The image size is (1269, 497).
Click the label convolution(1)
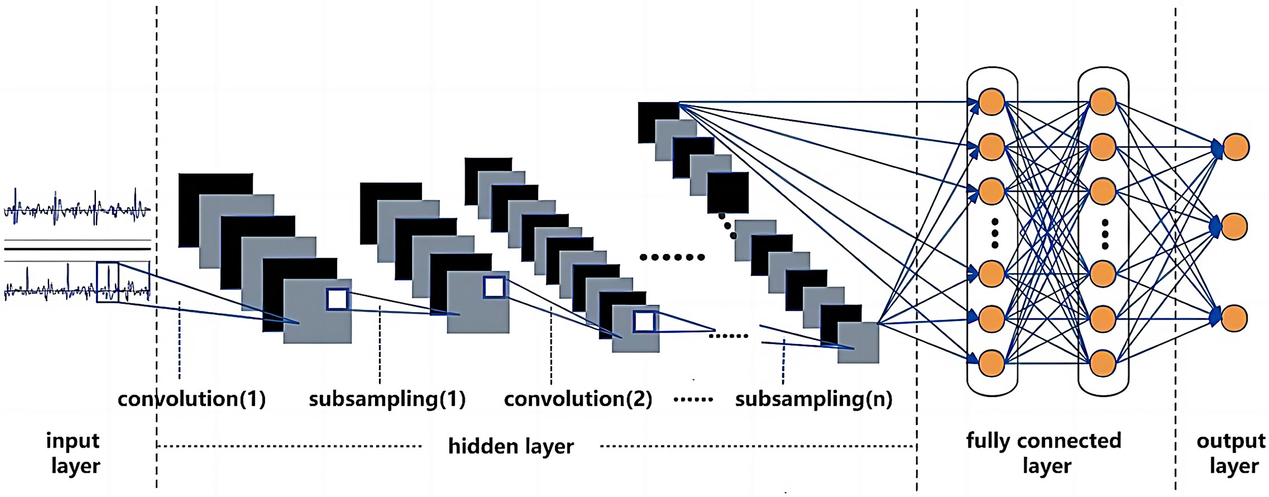pyautogui.click(x=191, y=399)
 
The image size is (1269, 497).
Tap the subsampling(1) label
pyautogui.click(x=387, y=399)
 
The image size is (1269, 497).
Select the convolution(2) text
pyautogui.click(x=578, y=399)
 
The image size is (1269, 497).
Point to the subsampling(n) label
pyautogui.click(x=813, y=399)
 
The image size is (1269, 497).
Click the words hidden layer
pyautogui.click(x=510, y=446)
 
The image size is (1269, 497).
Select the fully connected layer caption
pyautogui.click(x=1044, y=453)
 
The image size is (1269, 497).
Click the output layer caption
pyautogui.click(x=1231, y=453)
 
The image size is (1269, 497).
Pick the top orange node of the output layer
pyautogui.click(x=1235, y=147)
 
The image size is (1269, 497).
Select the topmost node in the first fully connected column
pyautogui.click(x=992, y=103)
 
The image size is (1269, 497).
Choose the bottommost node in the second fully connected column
pyautogui.click(x=1103, y=363)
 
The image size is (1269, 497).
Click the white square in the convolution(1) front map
pyautogui.click(x=337, y=300)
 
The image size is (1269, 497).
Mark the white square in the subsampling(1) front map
pyautogui.click(x=494, y=287)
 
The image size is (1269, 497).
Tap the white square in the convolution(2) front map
pyautogui.click(x=644, y=322)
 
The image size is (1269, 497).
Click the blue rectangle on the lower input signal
pyautogui.click(x=108, y=282)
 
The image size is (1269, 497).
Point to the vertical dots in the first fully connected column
pyautogui.click(x=994, y=233)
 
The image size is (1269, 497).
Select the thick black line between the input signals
pyautogui.click(x=77, y=248)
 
